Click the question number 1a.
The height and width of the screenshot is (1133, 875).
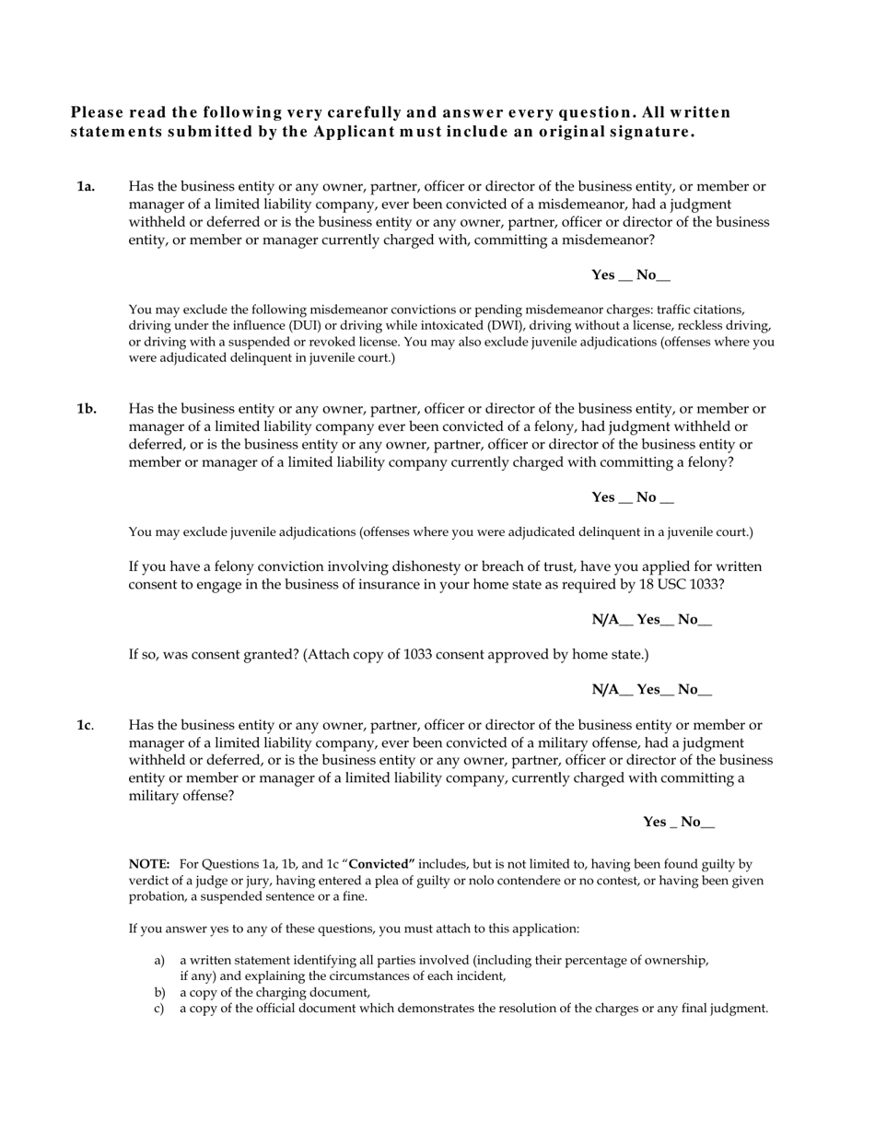tap(86, 187)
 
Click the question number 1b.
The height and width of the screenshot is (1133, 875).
tap(87, 409)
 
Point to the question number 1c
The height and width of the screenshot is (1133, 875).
tap(85, 726)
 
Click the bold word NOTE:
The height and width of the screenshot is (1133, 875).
tap(149, 864)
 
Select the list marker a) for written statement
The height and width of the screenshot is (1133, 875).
tap(159, 961)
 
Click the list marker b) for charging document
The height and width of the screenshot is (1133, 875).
tap(159, 993)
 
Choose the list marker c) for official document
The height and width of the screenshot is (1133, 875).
tap(159, 1009)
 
